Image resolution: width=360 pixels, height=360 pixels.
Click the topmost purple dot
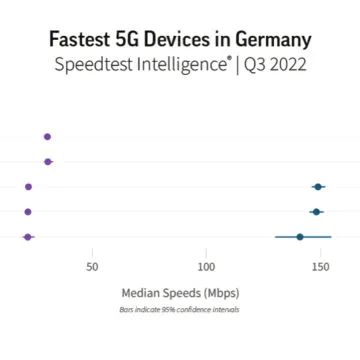47,136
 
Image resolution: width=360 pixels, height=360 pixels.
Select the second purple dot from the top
48,161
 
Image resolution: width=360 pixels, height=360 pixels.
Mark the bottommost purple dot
28,237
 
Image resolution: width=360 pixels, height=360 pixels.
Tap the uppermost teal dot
319,187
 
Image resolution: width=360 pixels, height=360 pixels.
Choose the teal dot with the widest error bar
300,237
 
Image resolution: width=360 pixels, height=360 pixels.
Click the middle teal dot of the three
317,212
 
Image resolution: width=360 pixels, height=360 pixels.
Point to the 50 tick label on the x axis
92,267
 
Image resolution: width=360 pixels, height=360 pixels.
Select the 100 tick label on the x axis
206,267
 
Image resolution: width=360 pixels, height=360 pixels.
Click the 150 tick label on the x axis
320,267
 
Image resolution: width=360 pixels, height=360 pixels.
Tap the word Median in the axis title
142,293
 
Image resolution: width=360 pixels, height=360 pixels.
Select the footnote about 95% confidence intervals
180,309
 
